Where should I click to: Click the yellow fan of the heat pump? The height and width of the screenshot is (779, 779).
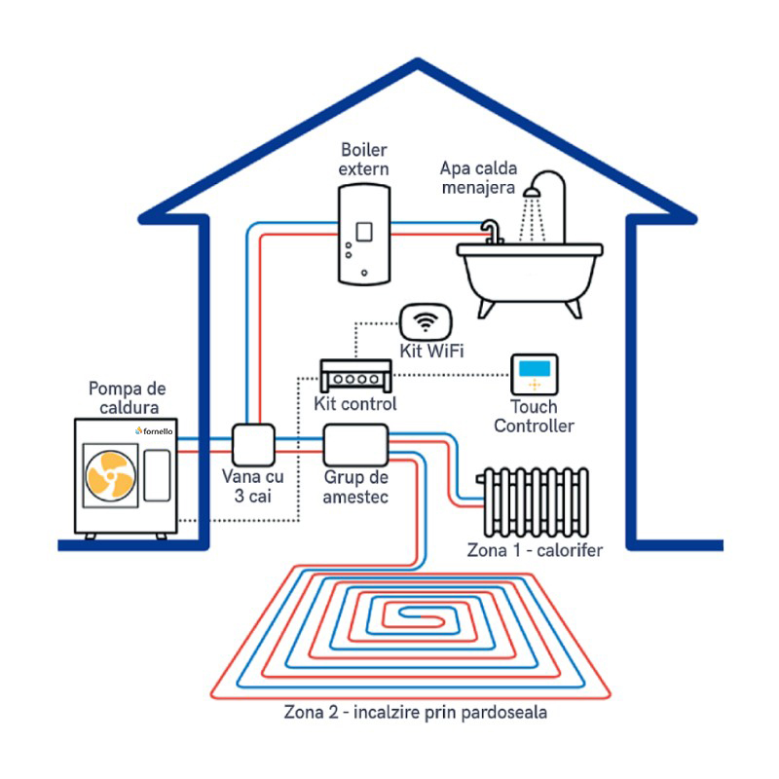pyautogui.click(x=110, y=477)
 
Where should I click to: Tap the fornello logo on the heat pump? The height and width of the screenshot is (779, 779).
pyautogui.click(x=154, y=429)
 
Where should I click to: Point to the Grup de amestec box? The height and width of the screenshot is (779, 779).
pyautogui.click(x=355, y=446)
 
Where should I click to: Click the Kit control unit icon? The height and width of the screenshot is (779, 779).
pyautogui.click(x=355, y=373)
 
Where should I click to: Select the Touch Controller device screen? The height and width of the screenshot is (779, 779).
pyautogui.click(x=534, y=370)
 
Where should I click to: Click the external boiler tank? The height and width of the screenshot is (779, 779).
pyautogui.click(x=363, y=235)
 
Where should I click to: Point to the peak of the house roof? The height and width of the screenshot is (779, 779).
pyautogui.click(x=419, y=66)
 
